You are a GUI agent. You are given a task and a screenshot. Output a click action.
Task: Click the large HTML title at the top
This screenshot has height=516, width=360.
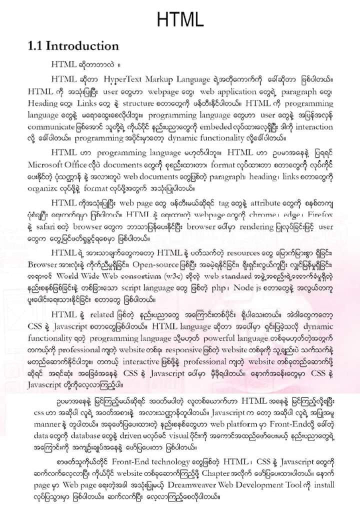180,19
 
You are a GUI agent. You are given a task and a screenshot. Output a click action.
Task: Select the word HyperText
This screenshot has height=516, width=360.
125,79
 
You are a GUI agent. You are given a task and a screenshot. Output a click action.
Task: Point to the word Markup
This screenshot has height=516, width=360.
167,79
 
